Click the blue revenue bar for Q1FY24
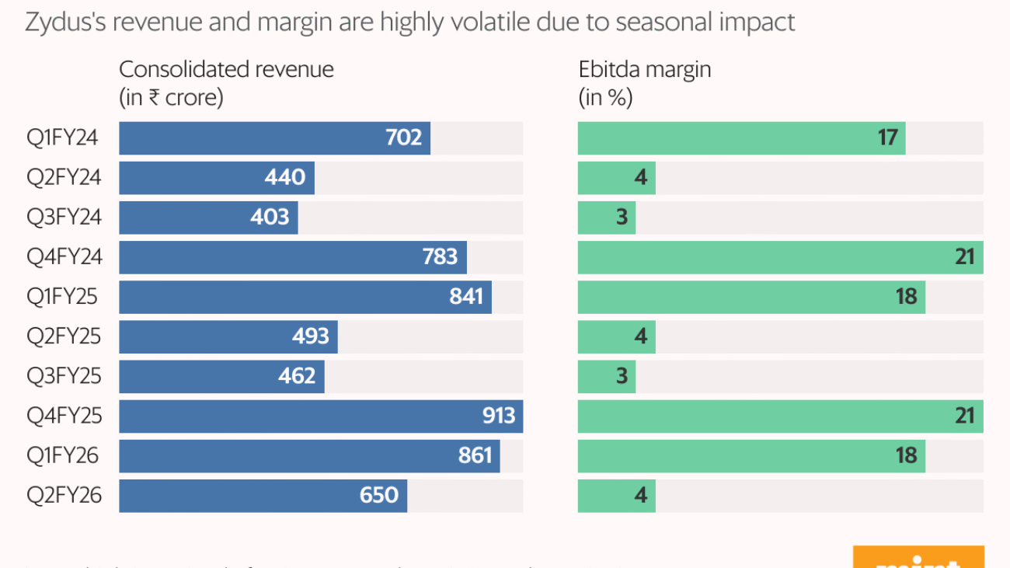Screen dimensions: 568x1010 (x=274, y=138)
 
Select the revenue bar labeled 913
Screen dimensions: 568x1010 (x=320, y=416)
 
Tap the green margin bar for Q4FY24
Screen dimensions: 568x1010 (x=780, y=257)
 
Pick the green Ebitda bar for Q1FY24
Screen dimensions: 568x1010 (x=741, y=138)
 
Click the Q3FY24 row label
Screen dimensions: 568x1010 (x=64, y=218)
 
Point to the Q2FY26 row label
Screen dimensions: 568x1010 (x=64, y=496)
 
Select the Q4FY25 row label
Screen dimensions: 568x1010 (x=64, y=416)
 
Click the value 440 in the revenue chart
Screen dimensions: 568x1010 (x=284, y=178)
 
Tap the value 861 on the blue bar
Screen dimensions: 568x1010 (x=475, y=455)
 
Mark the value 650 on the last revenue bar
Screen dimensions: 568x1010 (x=379, y=496)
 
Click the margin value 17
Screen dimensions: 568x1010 (x=887, y=138)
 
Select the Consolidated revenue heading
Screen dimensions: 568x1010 (x=226, y=69)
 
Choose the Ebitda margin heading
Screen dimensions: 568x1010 (x=645, y=69)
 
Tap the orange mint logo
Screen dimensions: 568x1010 (x=918, y=558)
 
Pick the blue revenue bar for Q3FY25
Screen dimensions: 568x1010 (x=221, y=376)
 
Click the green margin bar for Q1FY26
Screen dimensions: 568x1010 (x=751, y=455)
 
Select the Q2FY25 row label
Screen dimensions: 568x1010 (x=64, y=336)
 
